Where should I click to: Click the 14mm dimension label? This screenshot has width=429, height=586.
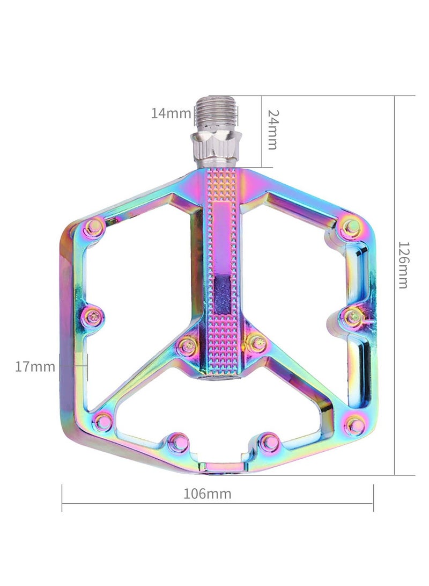tap(171, 113)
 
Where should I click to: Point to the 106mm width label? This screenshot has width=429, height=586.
tap(208, 494)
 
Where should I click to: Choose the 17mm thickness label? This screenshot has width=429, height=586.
tap(35, 367)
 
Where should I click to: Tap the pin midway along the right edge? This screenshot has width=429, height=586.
tap(352, 317)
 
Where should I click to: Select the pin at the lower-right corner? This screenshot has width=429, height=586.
tap(354, 425)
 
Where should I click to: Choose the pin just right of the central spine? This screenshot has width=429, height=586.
tap(257, 342)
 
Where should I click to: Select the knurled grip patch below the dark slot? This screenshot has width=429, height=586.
tap(221, 344)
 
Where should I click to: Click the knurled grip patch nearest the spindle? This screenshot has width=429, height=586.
tap(221, 185)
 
